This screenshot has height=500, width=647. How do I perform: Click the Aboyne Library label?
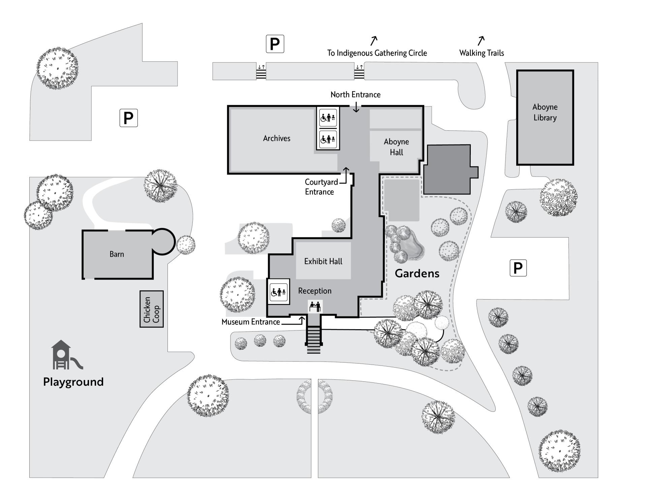545,112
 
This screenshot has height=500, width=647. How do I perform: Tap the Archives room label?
276,138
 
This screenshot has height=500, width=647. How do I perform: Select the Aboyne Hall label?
396,147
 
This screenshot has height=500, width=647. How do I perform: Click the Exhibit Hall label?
323,261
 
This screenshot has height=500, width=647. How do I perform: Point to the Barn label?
117,254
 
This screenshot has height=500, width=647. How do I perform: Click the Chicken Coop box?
152,309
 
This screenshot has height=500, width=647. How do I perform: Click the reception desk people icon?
315,307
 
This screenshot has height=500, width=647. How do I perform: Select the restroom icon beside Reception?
278,291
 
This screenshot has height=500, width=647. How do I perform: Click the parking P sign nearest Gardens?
518,268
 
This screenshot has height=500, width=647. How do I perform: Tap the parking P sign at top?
275,44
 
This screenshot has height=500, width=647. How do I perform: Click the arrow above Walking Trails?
481,40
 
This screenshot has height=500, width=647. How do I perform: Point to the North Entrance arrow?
356,107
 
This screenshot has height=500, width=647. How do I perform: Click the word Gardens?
417,273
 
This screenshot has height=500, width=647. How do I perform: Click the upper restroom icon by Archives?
328,118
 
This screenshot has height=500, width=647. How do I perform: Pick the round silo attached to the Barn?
163,241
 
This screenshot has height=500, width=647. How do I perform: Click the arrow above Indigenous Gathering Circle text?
373,41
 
